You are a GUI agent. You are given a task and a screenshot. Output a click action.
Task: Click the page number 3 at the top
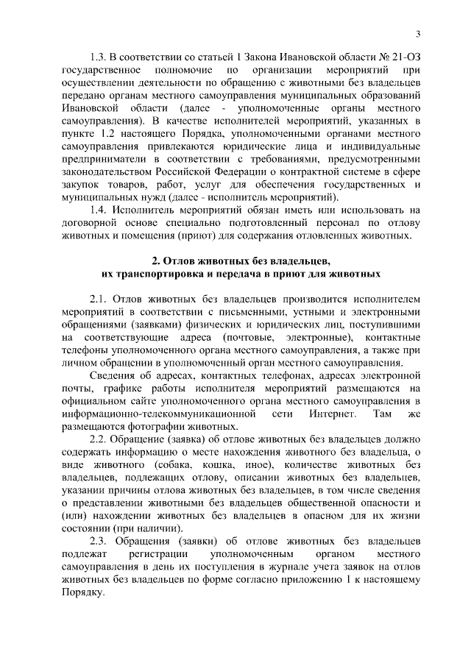pyautogui.click(x=418, y=34)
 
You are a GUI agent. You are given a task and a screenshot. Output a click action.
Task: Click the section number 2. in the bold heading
pyautogui.click(x=156, y=261)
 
